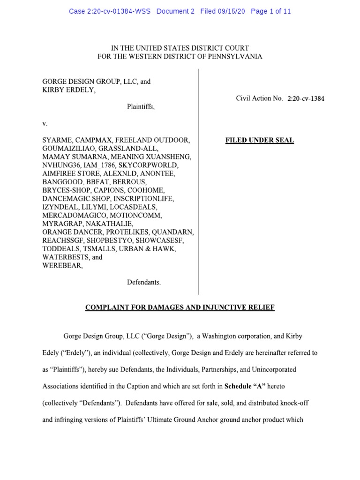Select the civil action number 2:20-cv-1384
tap(306, 99)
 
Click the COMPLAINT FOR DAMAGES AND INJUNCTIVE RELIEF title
tap(180, 307)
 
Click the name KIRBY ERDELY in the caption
tap(68, 90)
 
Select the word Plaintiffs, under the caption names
tap(141, 107)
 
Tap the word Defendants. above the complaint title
tap(144, 283)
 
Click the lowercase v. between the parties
tap(45, 124)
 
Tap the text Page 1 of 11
tap(271, 11)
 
